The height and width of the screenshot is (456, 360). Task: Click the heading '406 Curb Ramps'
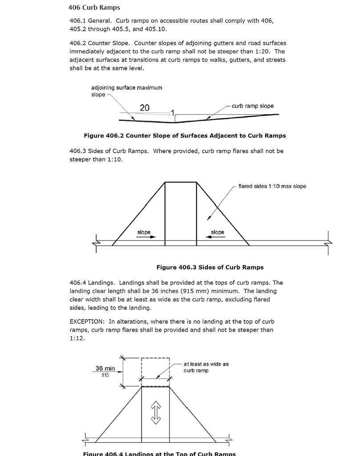tap(94, 8)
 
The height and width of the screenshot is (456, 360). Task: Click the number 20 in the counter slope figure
tap(145, 108)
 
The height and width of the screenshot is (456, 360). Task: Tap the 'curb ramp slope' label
tap(252, 106)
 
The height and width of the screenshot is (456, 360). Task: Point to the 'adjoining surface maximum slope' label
tap(126, 91)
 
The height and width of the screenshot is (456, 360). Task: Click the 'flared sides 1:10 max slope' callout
tap(272, 187)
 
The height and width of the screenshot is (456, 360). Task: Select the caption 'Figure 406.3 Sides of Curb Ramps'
tap(210, 268)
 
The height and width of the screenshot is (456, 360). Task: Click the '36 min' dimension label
tap(105, 368)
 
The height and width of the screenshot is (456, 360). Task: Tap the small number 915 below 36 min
tap(105, 375)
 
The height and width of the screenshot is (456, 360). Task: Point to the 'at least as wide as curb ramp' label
tap(206, 367)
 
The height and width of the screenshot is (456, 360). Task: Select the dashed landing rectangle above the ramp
tap(155, 371)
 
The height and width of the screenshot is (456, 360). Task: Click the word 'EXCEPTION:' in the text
tap(86, 322)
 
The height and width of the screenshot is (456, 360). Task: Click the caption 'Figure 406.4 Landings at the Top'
tap(159, 453)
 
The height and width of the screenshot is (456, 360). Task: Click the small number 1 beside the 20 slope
tap(173, 112)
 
